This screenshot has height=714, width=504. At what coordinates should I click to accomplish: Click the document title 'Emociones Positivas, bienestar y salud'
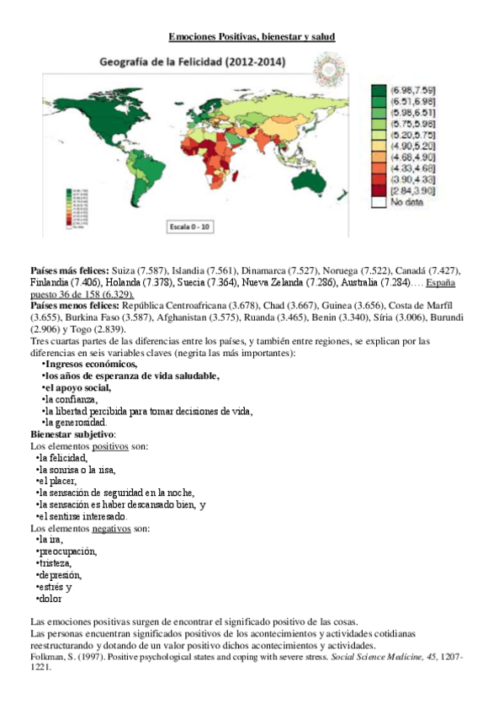point(252,38)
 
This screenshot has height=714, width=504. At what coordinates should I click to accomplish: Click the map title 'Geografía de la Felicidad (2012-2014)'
point(193,62)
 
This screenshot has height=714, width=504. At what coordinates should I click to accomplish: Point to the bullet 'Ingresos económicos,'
point(92,365)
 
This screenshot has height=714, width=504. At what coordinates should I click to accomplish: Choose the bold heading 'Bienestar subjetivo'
point(72,434)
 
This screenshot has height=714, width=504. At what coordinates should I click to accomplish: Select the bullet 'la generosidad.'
point(76,422)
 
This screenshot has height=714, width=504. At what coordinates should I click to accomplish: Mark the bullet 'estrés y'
point(54,587)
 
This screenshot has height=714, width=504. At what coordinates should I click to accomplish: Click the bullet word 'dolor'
point(50,599)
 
